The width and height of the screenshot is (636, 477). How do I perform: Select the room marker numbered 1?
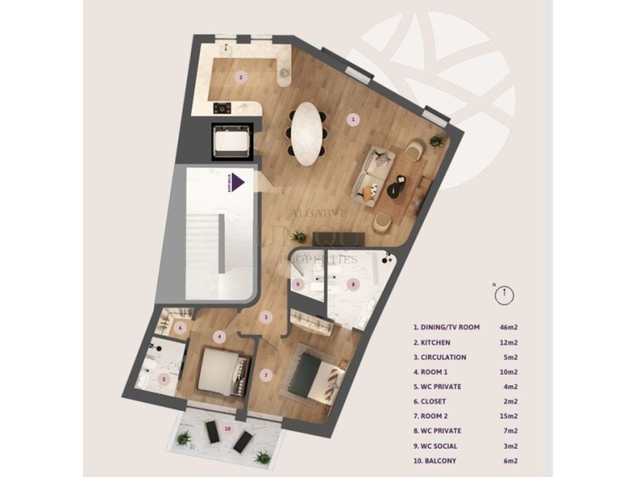(353, 120)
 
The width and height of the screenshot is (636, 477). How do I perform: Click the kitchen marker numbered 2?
(240, 78)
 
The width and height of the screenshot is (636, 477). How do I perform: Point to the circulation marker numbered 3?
(266, 317)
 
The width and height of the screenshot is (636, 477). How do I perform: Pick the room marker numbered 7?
(266, 375)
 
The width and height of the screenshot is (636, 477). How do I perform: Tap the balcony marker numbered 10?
(227, 429)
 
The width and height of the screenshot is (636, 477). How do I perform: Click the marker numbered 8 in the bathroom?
(353, 284)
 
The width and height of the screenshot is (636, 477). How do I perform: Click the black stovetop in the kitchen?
(222, 108)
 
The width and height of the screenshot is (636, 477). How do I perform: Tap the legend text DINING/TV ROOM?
(446, 327)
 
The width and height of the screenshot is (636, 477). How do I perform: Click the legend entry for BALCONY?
(434, 460)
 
